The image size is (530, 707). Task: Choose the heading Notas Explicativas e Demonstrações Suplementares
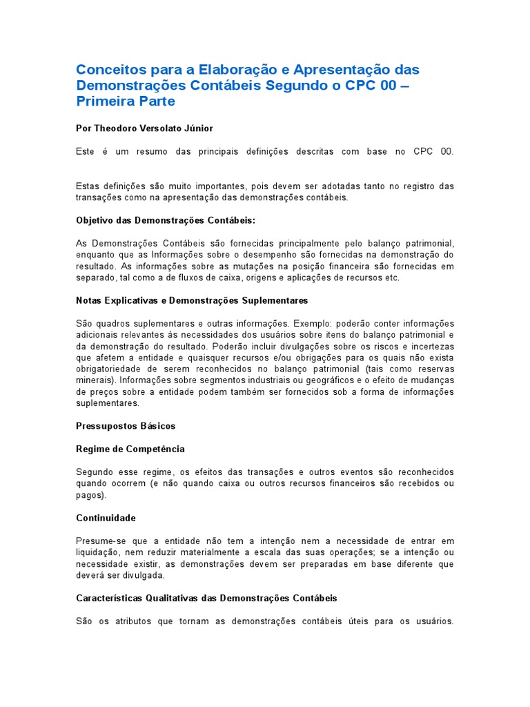point(191,300)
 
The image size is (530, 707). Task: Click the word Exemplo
point(313,323)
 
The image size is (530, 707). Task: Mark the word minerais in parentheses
point(95,380)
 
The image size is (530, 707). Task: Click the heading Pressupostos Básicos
point(126,426)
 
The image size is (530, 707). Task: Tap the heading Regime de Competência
point(130,449)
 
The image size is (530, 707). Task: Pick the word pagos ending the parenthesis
point(89,495)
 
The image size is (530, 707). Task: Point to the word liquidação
point(101,552)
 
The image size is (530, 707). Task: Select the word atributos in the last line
point(141,621)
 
